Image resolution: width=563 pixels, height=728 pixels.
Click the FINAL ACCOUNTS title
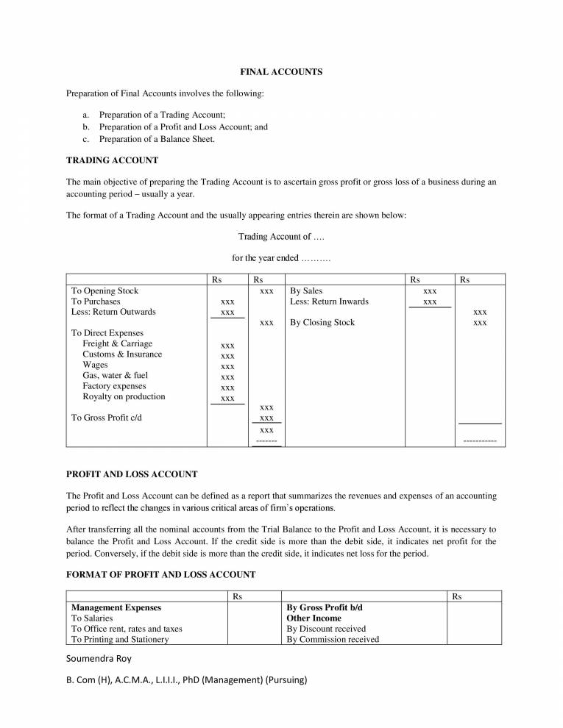click(x=281, y=72)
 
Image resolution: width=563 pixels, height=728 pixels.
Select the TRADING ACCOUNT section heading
click(x=112, y=160)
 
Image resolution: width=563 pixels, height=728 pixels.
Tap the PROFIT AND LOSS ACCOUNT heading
click(x=132, y=474)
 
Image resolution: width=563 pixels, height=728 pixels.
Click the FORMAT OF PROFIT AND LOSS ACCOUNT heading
click(x=161, y=574)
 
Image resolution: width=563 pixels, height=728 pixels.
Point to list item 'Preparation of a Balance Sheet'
click(x=157, y=138)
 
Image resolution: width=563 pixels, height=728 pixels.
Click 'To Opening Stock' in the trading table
click(x=105, y=291)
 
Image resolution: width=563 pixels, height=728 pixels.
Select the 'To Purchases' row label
click(x=95, y=301)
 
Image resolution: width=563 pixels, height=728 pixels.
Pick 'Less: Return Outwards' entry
click(x=113, y=312)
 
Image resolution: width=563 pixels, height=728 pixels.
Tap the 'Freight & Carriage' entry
click(x=118, y=343)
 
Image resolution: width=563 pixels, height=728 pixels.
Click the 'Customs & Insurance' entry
click(x=122, y=354)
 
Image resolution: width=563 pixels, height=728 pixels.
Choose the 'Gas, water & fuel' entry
click(x=116, y=375)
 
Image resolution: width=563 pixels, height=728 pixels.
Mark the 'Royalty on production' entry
click(x=124, y=396)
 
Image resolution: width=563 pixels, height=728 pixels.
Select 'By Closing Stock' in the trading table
click(x=322, y=322)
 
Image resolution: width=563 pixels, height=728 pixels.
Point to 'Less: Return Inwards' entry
click(x=329, y=301)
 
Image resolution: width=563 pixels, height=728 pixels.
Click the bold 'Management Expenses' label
click(x=116, y=608)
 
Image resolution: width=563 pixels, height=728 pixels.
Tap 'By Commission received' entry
click(x=333, y=640)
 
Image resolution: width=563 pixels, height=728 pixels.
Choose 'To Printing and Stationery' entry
click(x=120, y=640)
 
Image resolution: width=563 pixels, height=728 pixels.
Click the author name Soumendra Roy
click(x=99, y=658)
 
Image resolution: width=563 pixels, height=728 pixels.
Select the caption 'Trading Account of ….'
click(x=281, y=237)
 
